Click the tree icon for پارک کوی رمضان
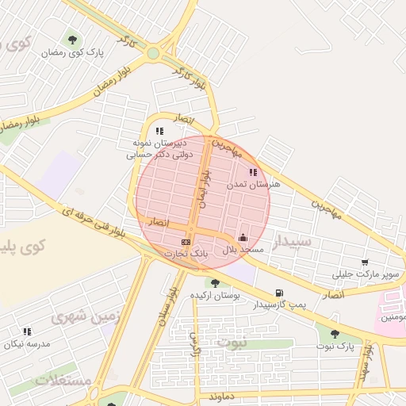click(x=74, y=39)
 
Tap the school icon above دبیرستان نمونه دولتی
click(x=159, y=132)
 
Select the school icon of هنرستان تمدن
click(x=253, y=172)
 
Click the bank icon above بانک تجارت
click(x=186, y=241)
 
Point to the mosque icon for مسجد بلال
click(x=243, y=237)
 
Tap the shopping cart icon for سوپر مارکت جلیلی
click(x=365, y=262)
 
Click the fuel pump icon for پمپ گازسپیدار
click(x=278, y=293)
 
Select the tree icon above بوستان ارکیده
click(x=214, y=283)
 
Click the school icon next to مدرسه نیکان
click(x=27, y=331)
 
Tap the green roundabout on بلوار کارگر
click(x=153, y=54)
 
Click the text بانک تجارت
click(x=185, y=253)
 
